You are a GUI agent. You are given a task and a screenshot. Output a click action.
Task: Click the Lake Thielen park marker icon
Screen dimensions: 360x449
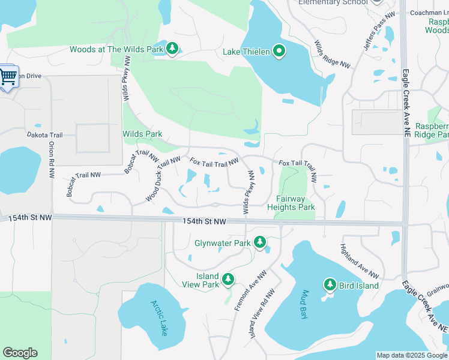tap(279, 52)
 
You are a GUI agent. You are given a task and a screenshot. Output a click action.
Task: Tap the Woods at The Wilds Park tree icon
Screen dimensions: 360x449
tap(172, 49)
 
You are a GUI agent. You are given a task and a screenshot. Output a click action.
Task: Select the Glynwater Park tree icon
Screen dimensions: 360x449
tap(259, 242)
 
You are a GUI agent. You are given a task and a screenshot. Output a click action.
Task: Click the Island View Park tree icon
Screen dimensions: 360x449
tap(228, 279)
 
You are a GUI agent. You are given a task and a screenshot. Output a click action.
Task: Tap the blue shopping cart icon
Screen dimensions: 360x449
tap(8, 77)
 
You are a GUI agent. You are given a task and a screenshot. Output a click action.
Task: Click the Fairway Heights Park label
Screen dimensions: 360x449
tap(295, 203)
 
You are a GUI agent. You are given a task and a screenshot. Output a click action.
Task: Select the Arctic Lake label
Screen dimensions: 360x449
tap(160, 317)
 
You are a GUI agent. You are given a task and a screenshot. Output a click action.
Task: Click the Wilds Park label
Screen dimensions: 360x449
tap(142, 134)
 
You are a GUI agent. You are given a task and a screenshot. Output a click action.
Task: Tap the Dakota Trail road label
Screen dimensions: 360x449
tap(44, 136)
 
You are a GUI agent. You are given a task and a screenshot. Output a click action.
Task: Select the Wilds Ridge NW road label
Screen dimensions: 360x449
tap(331, 55)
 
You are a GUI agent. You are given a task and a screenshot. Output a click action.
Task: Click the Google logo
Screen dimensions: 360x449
tap(20, 353)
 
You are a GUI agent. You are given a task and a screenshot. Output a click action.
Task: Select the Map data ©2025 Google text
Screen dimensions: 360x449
tap(412, 355)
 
